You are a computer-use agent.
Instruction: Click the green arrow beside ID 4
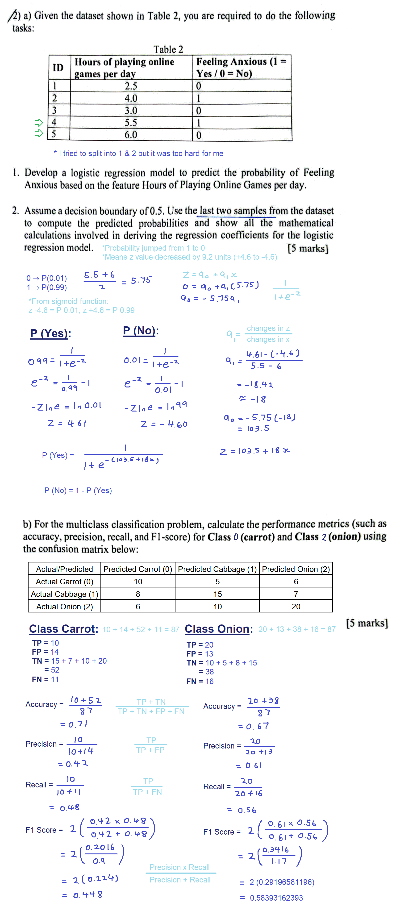(x=38, y=123)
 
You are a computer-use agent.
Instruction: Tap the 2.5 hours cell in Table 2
(x=131, y=86)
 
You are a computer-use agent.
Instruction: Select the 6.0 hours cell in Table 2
(x=131, y=135)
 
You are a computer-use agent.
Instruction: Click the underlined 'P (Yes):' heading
(x=50, y=333)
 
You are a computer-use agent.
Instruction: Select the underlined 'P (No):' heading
(x=141, y=331)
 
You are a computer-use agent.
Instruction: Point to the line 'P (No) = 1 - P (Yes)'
(x=78, y=491)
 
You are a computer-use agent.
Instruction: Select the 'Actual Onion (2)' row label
(x=64, y=607)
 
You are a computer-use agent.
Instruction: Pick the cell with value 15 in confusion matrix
(x=217, y=594)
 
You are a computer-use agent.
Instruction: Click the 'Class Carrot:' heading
(x=63, y=629)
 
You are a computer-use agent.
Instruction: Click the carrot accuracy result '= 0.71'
(x=74, y=724)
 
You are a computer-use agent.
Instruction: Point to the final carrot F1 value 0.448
(x=82, y=894)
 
